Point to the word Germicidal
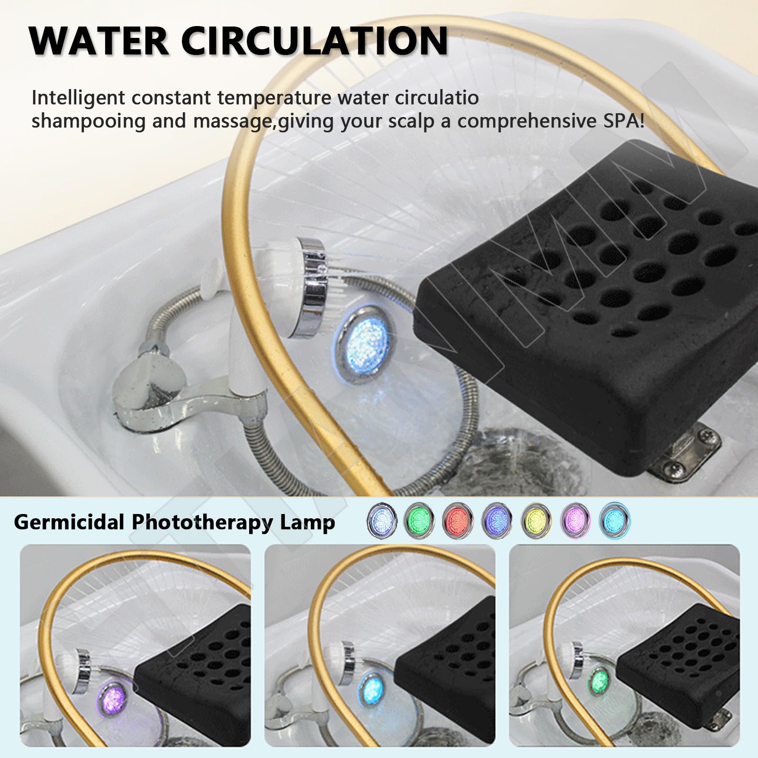coord(69,522)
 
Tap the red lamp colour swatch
coord(459,522)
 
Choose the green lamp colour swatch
coord(420,522)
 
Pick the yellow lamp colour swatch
coord(536,522)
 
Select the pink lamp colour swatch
coord(575,522)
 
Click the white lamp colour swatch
coord(381,522)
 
